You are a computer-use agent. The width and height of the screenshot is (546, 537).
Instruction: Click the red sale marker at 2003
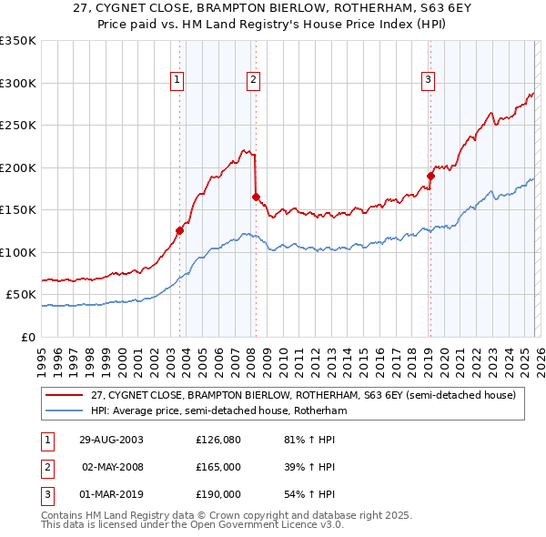click(180, 230)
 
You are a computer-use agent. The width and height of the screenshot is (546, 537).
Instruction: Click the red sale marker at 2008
click(256, 197)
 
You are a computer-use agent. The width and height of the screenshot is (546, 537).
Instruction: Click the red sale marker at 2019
click(430, 176)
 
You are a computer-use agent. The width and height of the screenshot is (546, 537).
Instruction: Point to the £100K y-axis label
click(18, 252)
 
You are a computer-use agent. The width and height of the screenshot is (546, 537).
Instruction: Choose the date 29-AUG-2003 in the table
click(111, 440)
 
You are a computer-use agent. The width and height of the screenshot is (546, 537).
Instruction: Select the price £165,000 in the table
click(218, 467)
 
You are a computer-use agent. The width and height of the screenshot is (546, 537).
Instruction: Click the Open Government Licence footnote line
click(192, 525)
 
